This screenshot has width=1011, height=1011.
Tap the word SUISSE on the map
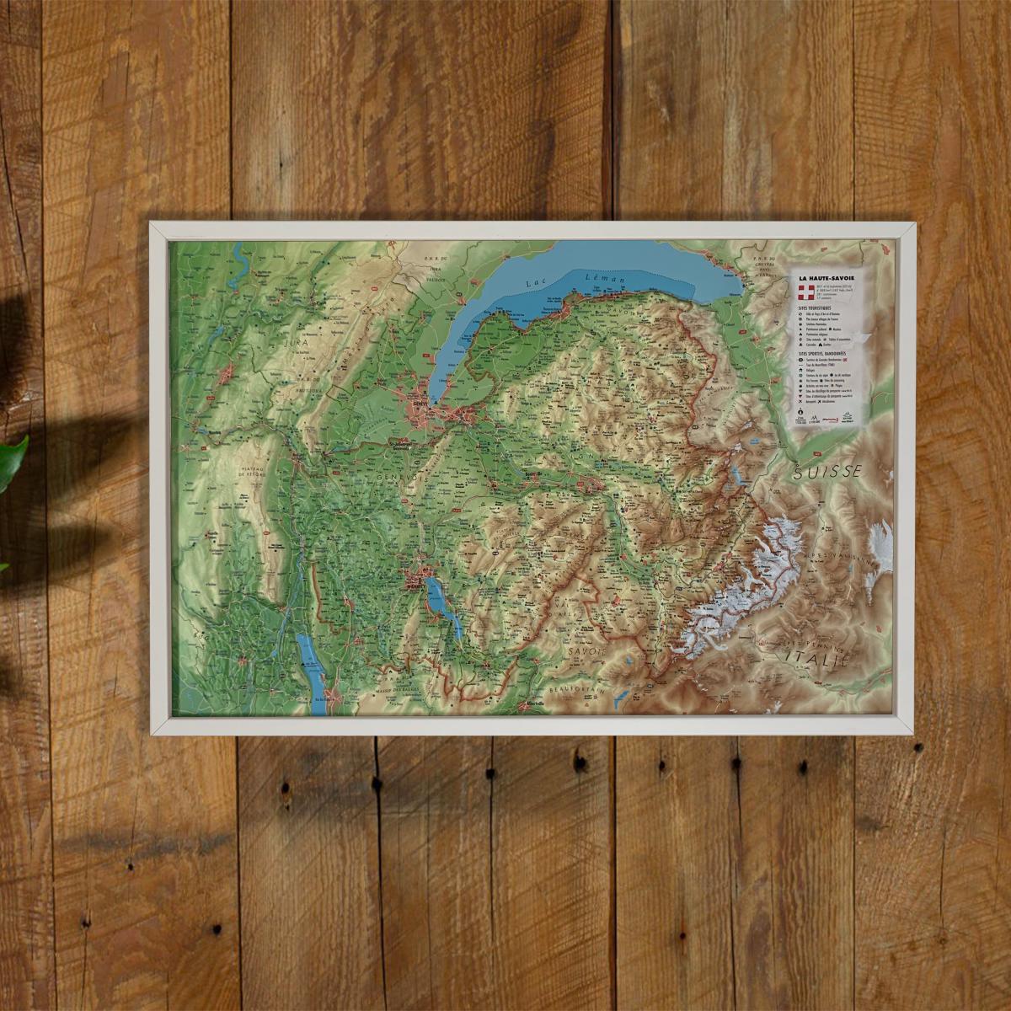[827, 473]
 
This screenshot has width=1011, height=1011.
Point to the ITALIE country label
[816, 655]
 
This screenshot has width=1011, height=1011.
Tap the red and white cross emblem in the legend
[805, 293]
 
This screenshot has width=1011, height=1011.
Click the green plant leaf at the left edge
[12, 463]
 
